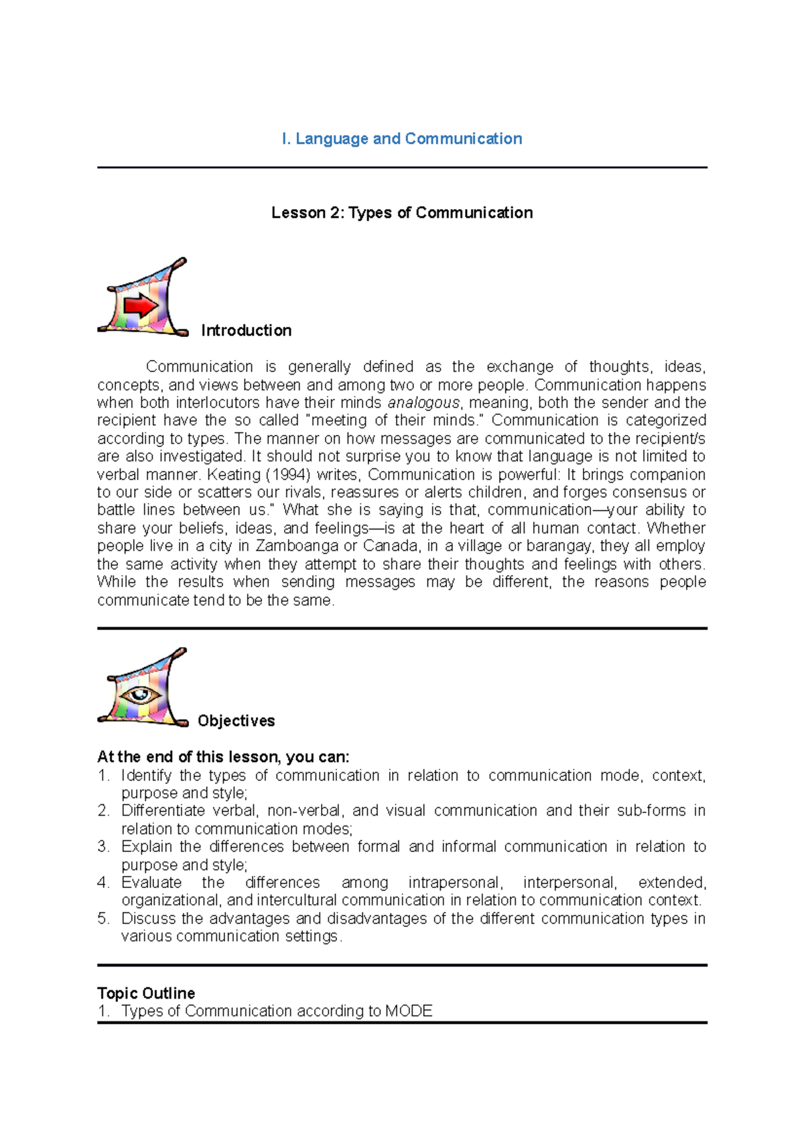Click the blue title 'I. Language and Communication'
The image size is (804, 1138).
coord(402,139)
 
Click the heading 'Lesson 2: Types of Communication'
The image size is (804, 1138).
coord(402,212)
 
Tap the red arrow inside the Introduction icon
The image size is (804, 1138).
coord(141,306)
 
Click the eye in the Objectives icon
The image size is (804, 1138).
coord(140,694)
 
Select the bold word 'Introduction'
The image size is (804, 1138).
coord(246,330)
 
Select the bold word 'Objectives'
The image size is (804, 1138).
coord(236,720)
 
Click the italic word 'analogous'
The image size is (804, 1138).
coord(423,403)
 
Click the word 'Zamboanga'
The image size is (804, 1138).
coord(297,546)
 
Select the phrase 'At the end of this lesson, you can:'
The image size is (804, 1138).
coord(223,757)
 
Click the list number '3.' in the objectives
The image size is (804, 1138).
coord(103,846)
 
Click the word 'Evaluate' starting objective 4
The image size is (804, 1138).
coord(151,883)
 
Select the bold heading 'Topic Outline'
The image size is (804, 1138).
coord(146,993)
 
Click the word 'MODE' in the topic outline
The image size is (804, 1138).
coord(409,1011)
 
